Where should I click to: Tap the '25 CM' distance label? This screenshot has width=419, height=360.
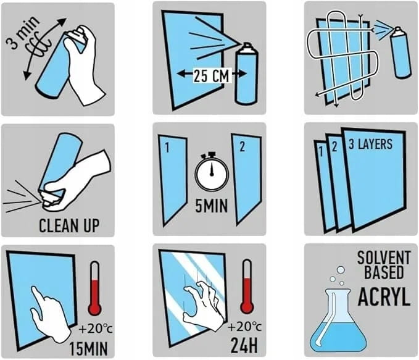(x=212, y=76)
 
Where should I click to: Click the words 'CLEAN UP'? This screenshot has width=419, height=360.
(x=69, y=226)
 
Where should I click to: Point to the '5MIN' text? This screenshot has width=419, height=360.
(x=212, y=206)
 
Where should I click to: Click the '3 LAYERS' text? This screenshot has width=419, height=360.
(x=370, y=144)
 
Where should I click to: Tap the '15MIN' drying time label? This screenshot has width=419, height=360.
(x=88, y=349)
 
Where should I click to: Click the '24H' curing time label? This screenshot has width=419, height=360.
(x=244, y=346)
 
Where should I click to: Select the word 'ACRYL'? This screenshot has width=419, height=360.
(x=384, y=297)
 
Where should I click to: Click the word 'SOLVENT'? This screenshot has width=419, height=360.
(x=384, y=257)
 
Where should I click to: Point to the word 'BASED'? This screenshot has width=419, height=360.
(x=384, y=272)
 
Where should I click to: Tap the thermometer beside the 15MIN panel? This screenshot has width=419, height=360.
(x=95, y=288)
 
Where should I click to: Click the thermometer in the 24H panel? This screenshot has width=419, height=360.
(x=247, y=287)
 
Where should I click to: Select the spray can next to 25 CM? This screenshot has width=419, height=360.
(x=246, y=73)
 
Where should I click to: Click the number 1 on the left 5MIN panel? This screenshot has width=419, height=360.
(x=167, y=148)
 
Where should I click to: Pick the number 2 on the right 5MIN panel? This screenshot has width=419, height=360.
(x=242, y=147)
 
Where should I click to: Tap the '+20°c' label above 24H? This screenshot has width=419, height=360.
(x=244, y=327)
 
